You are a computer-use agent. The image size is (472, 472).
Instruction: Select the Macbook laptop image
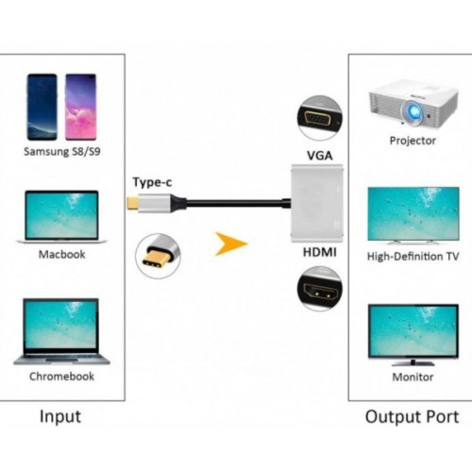(x=61, y=218)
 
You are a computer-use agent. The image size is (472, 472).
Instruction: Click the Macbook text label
(x=61, y=254)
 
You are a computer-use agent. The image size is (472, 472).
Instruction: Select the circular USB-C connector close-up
(x=160, y=254)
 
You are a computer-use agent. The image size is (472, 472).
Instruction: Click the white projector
(x=413, y=101)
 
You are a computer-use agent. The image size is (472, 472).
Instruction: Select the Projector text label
(x=413, y=141)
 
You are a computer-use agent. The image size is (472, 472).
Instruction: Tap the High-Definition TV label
(x=413, y=256)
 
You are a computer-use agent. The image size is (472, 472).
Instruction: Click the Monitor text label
(x=413, y=378)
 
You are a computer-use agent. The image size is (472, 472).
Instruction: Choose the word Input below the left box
(x=60, y=416)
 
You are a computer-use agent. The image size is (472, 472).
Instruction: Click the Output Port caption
(x=412, y=416)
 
